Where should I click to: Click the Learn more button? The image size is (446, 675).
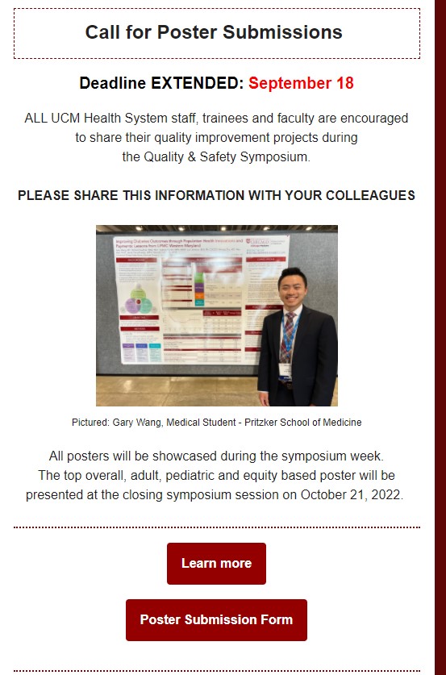tap(216, 564)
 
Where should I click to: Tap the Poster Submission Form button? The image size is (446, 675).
tap(216, 620)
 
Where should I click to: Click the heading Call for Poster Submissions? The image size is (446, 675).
tap(214, 32)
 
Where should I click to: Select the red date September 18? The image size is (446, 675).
tap(301, 83)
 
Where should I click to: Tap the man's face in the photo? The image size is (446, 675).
tap(291, 287)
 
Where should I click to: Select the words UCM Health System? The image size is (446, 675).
tap(98, 118)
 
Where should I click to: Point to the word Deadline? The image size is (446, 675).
tap(112, 83)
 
